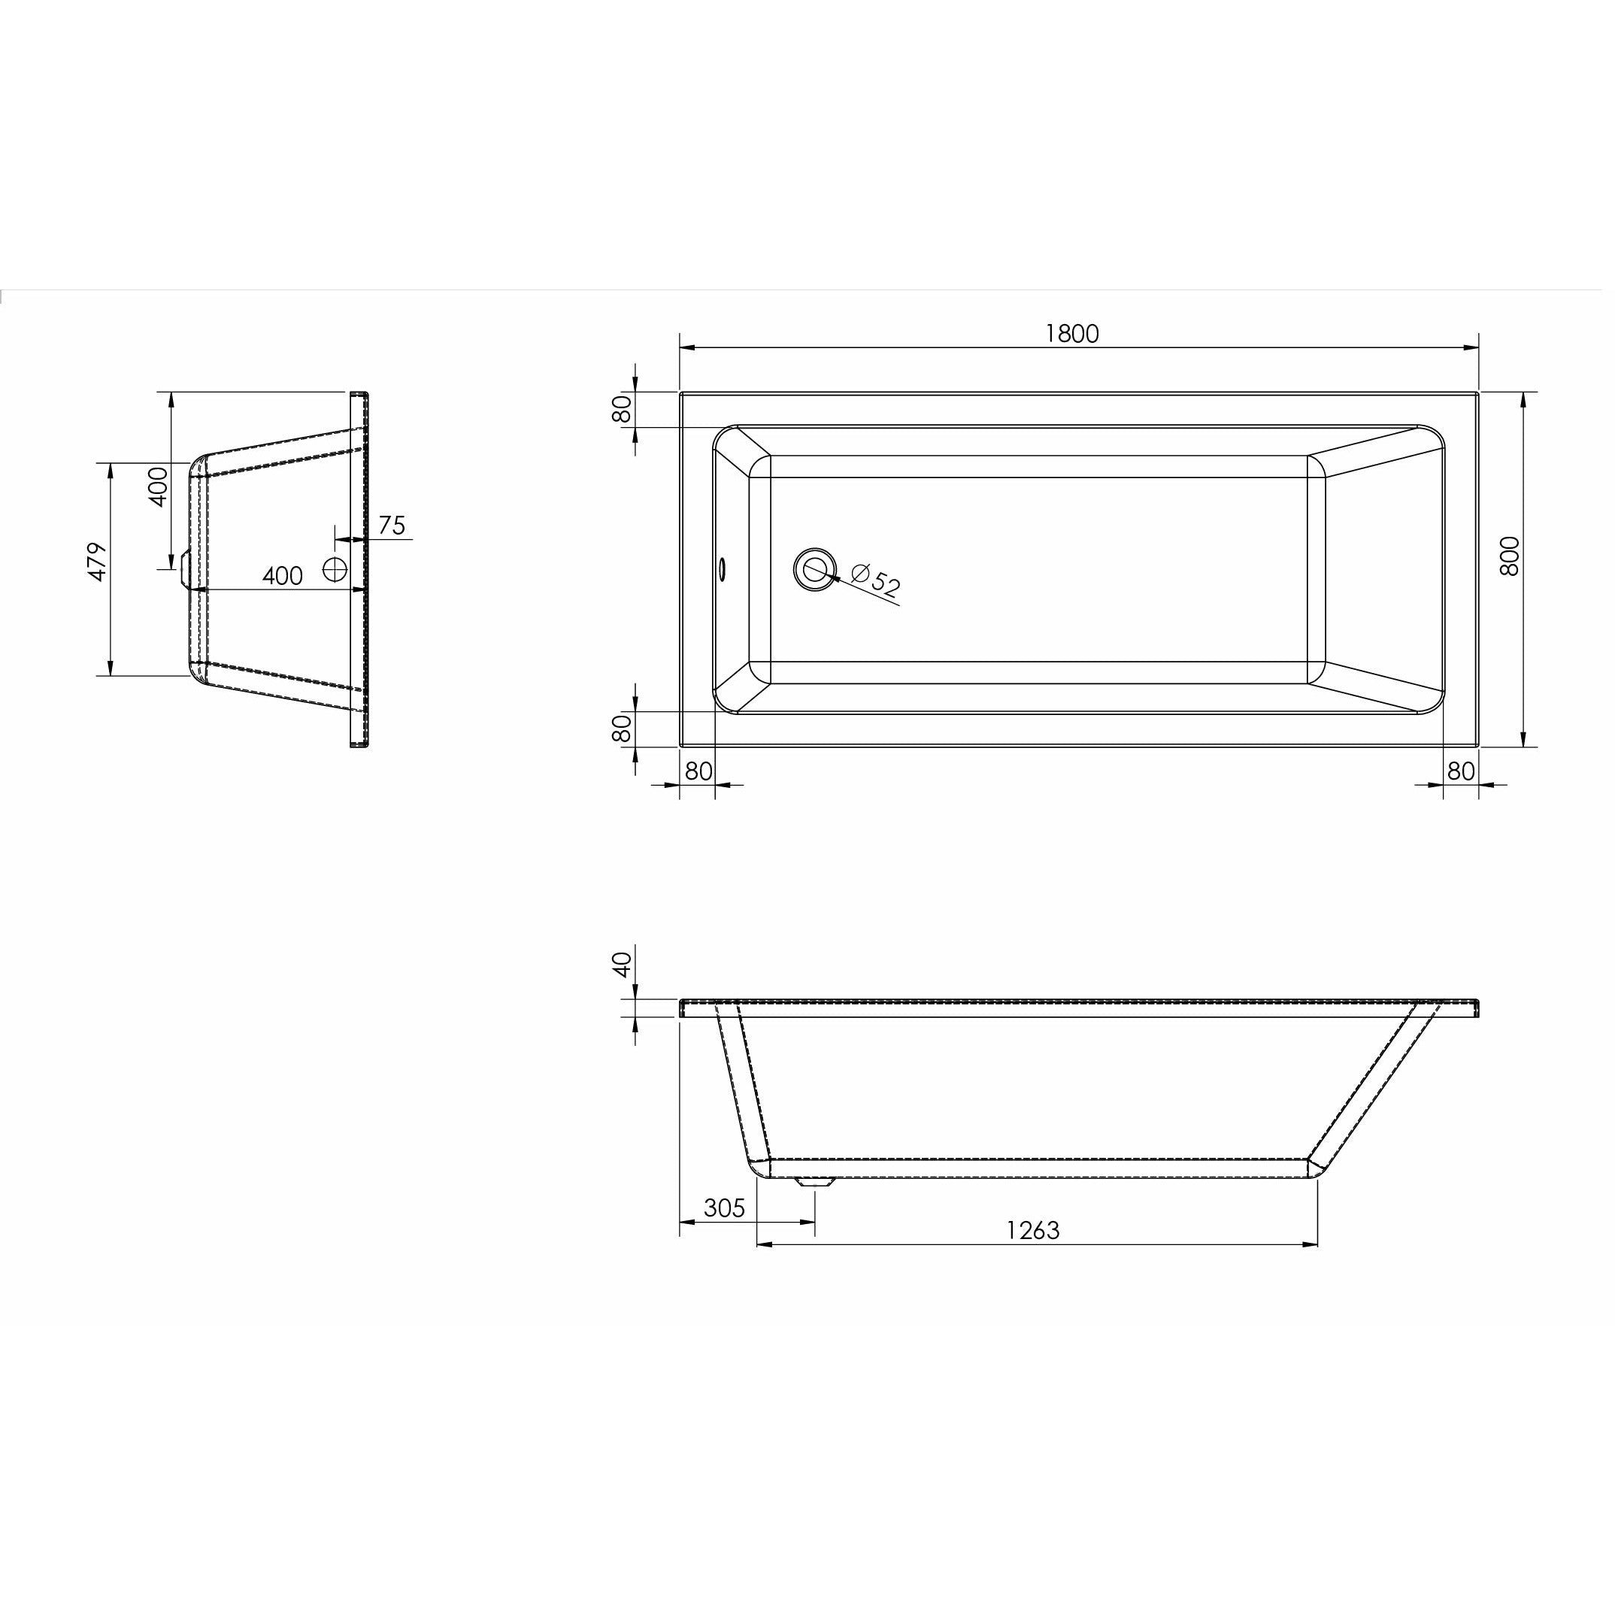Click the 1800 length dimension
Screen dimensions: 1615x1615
click(x=1071, y=334)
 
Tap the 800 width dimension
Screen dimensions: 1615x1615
click(x=1510, y=556)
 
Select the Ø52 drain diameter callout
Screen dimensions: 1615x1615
click(x=875, y=579)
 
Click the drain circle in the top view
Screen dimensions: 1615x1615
click(x=814, y=570)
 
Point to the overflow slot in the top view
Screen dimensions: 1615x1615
click(x=723, y=569)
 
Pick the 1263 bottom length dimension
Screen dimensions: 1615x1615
click(x=1032, y=1231)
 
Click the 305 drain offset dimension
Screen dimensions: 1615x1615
click(x=724, y=1208)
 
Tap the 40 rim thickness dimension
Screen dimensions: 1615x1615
click(x=620, y=965)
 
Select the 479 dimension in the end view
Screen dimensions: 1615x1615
click(x=98, y=562)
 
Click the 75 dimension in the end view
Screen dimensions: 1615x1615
click(x=391, y=526)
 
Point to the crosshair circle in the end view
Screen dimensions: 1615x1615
click(x=335, y=570)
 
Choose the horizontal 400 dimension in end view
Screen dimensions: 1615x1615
click(x=283, y=576)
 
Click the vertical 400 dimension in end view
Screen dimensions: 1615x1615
click(x=158, y=486)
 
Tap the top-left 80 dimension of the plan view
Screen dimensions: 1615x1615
click(x=621, y=410)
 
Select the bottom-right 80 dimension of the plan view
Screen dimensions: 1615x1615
click(x=1460, y=771)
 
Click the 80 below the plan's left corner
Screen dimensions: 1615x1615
click(x=698, y=771)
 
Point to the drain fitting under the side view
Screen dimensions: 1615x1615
click(x=814, y=1182)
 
